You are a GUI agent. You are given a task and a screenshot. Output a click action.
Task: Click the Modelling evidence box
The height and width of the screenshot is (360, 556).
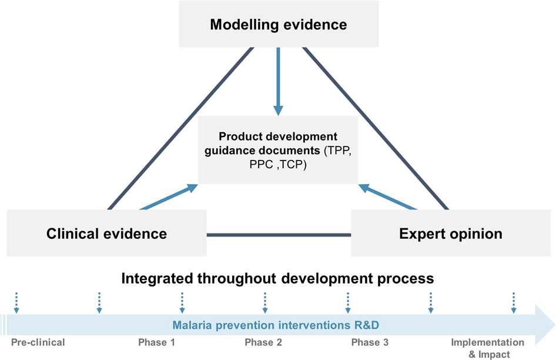coord(278,25)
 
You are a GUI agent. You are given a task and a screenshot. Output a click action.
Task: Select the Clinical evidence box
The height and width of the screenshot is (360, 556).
coord(106,233)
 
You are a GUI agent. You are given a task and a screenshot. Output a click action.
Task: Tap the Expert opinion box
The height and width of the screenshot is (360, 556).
coord(450,233)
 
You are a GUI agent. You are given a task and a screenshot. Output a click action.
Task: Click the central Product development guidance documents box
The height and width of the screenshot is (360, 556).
coord(278,149)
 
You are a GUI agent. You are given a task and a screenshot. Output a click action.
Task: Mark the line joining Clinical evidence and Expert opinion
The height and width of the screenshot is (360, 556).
coord(279,235)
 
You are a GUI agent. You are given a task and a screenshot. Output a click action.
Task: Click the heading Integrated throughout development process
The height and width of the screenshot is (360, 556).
coord(277,278)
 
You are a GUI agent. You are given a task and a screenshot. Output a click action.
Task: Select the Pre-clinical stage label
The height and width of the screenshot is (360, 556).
coord(38,342)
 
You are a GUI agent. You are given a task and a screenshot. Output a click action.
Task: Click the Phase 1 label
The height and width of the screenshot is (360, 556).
coord(156,342)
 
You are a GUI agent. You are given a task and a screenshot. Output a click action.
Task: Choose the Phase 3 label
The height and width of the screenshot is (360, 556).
coord(370,342)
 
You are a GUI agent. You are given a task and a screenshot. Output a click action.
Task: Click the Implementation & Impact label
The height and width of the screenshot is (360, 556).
coord(487,348)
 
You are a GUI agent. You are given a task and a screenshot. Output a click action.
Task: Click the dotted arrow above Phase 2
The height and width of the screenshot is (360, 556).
coord(264,302)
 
